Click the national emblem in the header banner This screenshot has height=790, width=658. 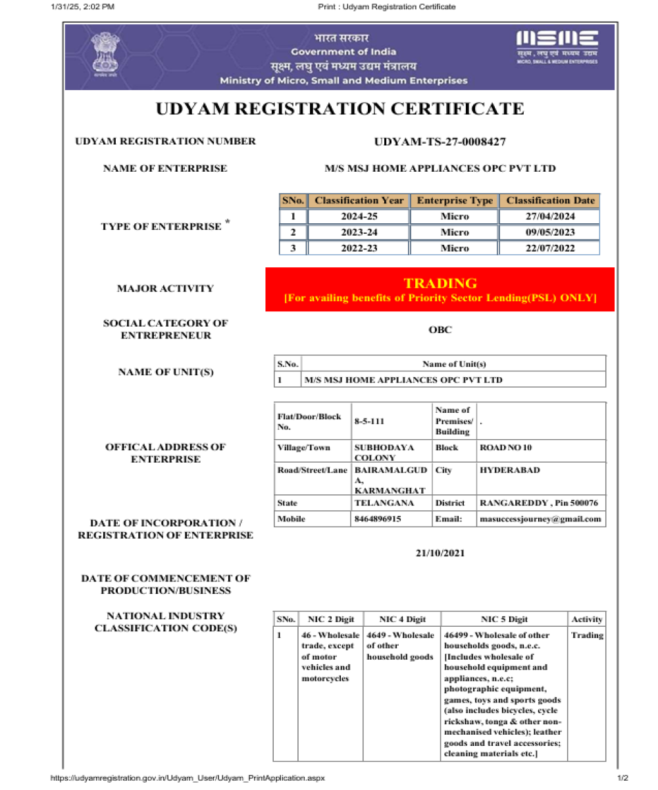(102, 56)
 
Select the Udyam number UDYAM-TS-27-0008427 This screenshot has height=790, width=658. (440, 142)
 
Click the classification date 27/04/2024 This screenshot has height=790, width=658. (550, 217)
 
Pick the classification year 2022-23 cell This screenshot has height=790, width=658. (358, 248)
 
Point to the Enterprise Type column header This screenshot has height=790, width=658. (454, 200)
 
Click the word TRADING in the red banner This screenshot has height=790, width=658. (440, 284)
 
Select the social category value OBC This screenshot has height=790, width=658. (440, 330)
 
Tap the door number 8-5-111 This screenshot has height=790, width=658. (368, 420)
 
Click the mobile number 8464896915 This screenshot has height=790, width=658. (378, 519)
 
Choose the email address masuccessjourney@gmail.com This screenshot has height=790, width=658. (540, 519)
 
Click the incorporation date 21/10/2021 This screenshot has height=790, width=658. (440, 552)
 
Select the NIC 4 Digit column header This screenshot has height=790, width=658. (402, 619)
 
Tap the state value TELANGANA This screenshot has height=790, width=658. (384, 503)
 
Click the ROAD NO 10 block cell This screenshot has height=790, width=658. (506, 448)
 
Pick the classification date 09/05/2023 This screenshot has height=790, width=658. (550, 232)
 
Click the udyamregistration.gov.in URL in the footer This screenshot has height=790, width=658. (188, 778)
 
